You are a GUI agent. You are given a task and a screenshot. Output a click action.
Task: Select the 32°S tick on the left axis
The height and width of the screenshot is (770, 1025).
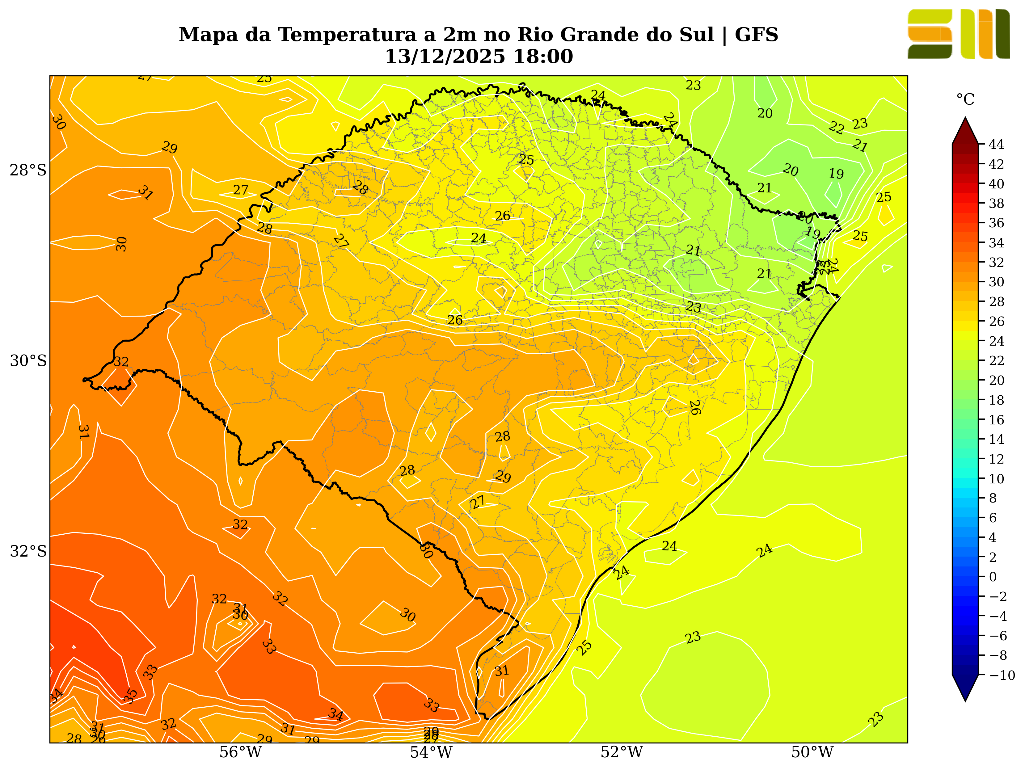coord(28,551)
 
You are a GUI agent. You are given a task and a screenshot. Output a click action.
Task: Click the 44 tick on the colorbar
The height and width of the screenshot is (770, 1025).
coord(996,145)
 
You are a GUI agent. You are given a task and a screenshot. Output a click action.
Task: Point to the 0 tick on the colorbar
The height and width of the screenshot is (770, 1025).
coord(993,577)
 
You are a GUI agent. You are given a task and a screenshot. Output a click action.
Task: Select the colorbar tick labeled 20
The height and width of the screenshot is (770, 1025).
coord(996,381)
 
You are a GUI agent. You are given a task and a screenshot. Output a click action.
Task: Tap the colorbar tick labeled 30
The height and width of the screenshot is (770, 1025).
coord(996,282)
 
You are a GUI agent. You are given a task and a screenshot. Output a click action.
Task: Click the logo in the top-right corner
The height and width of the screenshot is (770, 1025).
coord(958,34)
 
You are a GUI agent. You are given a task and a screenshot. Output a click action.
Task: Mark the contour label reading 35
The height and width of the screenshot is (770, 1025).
coord(131,696)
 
